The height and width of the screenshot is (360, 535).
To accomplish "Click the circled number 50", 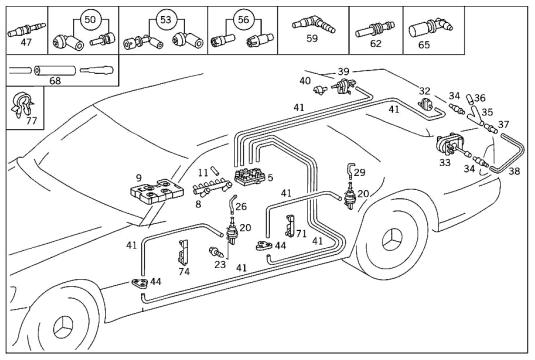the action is coord(90,19).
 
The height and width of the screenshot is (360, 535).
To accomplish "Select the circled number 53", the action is coord(165,19).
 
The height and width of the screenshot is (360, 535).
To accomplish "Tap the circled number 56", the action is coord(243,19).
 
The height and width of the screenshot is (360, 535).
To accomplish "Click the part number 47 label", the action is coord(26,42).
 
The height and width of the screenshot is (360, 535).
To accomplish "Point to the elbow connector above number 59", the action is coord(314,24).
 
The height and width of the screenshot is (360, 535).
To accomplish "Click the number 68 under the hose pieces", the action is coord(55,81).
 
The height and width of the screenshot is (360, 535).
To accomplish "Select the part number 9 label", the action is coord(138,177).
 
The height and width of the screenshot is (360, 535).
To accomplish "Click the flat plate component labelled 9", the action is coord(156,191).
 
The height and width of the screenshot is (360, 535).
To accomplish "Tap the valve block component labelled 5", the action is coord(250,176).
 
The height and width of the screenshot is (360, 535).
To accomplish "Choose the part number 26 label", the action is coord(241,206).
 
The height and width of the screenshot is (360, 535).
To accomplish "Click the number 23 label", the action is coord(220,264).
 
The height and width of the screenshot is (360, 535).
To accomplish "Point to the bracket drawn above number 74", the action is coord(183,253).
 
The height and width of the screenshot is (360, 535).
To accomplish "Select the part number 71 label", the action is coord(301,234).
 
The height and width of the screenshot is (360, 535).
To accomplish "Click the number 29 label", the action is coord(359,172).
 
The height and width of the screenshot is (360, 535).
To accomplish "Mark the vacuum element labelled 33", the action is coord(450,145).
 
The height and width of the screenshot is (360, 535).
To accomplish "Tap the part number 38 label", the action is coord(514,171).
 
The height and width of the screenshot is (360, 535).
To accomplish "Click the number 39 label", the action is coord(344,72).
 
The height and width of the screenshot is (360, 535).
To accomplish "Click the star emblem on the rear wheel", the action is coord(392,240).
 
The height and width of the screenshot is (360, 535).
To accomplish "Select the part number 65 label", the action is coord(424,45).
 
